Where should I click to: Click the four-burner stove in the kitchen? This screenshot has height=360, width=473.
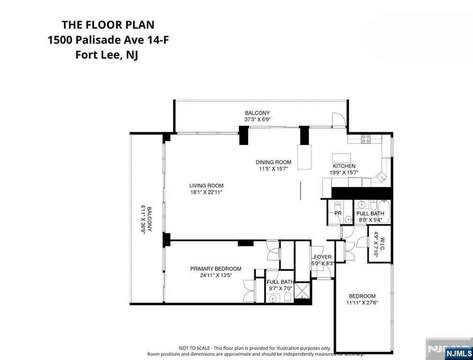pyautogui.click(x=366, y=138)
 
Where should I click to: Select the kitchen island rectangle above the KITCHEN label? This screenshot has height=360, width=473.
pyautogui.click(x=341, y=157)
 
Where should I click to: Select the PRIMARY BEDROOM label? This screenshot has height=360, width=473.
pyautogui.click(x=216, y=269)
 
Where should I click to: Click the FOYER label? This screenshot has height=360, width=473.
pyautogui.click(x=323, y=257)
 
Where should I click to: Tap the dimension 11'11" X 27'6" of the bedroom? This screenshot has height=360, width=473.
pyautogui.click(x=362, y=303)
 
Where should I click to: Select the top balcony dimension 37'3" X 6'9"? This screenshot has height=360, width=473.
pyautogui.click(x=257, y=120)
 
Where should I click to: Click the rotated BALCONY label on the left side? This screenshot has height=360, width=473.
pyautogui.click(x=150, y=219)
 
